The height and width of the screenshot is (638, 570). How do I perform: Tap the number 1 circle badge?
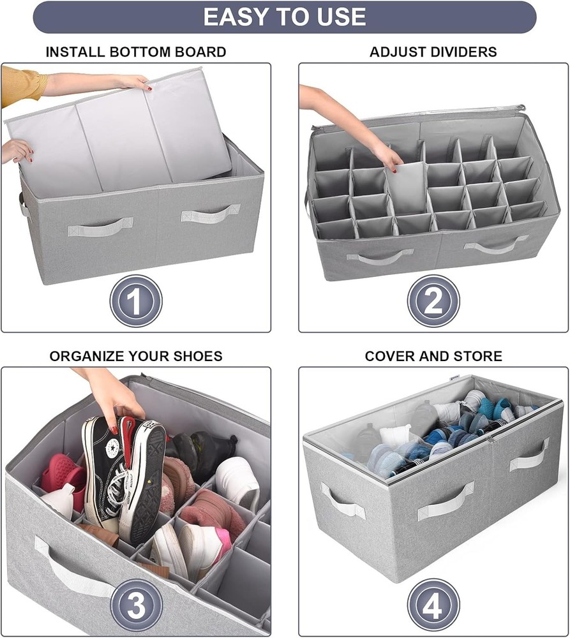click(135, 301)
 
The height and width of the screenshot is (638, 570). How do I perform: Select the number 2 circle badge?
click(433, 301)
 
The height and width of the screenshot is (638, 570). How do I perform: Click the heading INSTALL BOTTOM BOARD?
click(135, 52)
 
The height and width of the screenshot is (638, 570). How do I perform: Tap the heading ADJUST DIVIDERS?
click(433, 52)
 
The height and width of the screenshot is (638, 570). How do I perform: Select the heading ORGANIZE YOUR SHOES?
click(135, 356)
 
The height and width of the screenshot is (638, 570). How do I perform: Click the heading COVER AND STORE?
click(433, 356)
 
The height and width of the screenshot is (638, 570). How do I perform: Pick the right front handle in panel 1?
click(210, 213)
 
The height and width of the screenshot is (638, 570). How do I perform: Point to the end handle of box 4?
click(342, 501)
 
